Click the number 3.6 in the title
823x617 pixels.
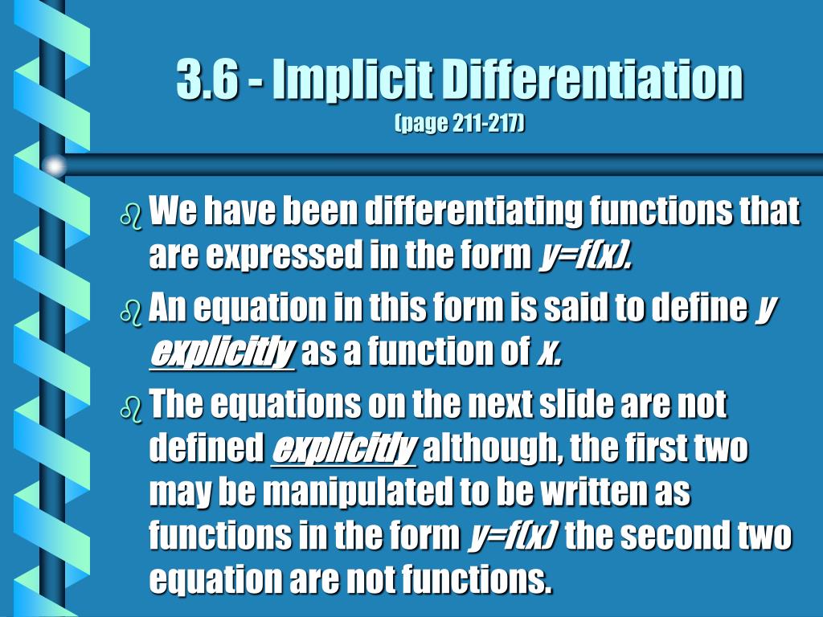(x=207, y=80)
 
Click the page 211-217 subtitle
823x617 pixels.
(x=459, y=124)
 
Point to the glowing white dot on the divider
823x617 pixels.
(x=55, y=165)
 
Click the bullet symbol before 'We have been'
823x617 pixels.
(x=131, y=217)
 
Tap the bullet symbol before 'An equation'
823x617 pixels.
(x=131, y=314)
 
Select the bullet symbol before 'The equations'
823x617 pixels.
(x=131, y=408)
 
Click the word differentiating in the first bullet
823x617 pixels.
(x=473, y=212)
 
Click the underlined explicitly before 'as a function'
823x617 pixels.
(x=222, y=352)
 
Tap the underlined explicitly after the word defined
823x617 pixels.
(x=344, y=449)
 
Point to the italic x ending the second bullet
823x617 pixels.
(x=549, y=352)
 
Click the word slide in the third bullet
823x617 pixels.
(x=576, y=404)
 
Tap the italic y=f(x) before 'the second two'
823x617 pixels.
(x=513, y=536)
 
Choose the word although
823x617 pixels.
(x=493, y=448)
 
